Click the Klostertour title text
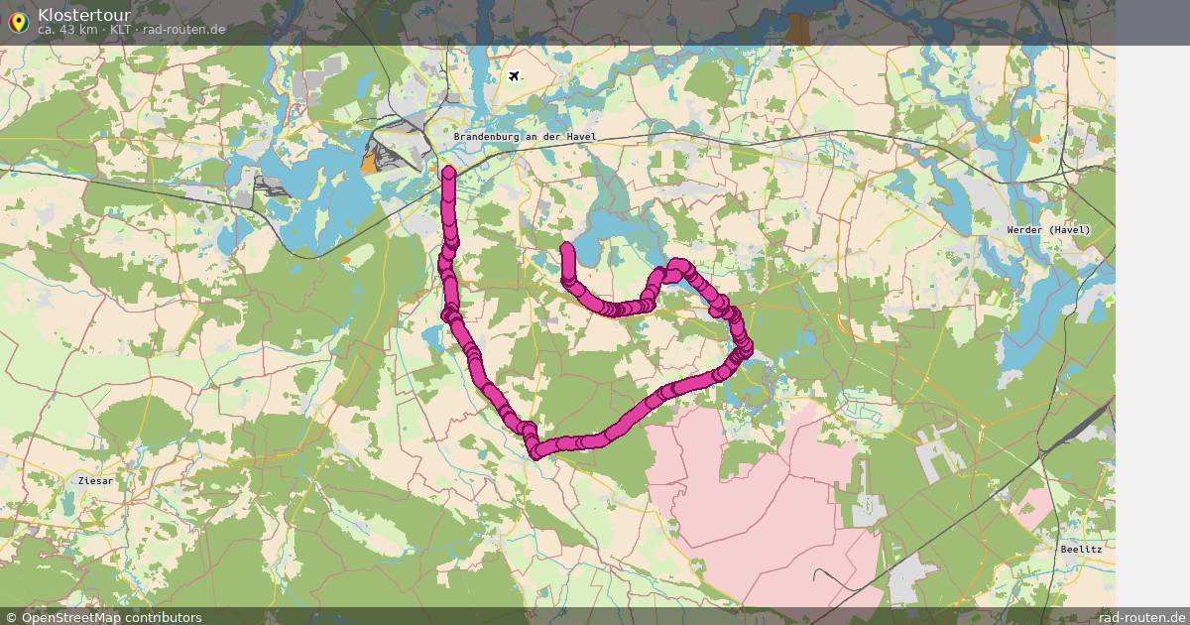[x=84, y=14]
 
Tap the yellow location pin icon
[x=18, y=22]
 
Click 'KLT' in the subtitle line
[x=120, y=30]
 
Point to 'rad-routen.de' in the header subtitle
[x=183, y=30]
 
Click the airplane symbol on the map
[x=514, y=75]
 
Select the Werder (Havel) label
[x=1048, y=230]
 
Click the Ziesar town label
[x=95, y=480]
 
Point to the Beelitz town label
[x=1081, y=549]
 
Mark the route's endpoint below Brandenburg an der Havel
[x=449, y=175]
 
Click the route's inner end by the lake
[x=567, y=247]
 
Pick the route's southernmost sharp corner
[x=536, y=452]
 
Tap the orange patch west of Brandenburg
[x=371, y=165]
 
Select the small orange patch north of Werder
[x=1035, y=139]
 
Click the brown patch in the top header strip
[x=797, y=28]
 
